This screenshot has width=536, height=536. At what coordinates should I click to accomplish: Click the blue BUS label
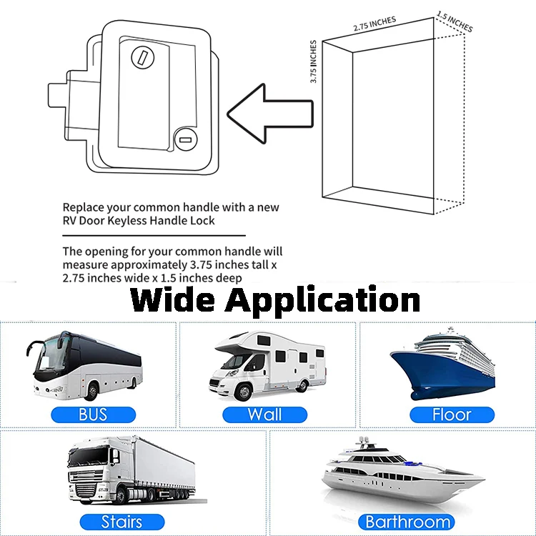[x=92, y=414]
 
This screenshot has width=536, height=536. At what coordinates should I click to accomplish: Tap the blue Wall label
[x=264, y=414]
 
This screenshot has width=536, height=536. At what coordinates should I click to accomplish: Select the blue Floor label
[x=452, y=414]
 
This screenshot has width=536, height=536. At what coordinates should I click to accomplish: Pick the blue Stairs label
[x=121, y=522]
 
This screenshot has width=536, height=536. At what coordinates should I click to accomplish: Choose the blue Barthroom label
[x=408, y=522]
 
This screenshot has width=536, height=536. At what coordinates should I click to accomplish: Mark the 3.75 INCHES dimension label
[x=314, y=63]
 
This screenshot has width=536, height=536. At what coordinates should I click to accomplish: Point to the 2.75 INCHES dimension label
[x=374, y=24]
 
